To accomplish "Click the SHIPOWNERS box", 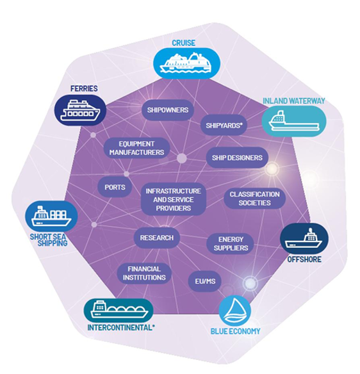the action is (x=167, y=110).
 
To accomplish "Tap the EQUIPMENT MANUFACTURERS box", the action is (x=136, y=148).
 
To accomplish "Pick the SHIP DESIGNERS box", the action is (x=237, y=158).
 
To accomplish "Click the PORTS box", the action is (x=115, y=187).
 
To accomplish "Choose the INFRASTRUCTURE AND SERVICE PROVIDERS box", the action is (x=174, y=199).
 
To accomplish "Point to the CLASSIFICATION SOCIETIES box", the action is (x=254, y=199).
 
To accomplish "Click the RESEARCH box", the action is (x=157, y=238).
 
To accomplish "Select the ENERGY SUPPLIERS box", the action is (x=231, y=243).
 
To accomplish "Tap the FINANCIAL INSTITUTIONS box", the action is (x=144, y=273).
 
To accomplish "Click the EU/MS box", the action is (x=205, y=281).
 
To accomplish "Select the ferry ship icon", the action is (x=81, y=110).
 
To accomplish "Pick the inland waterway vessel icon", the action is (x=294, y=121).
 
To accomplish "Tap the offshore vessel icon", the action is (x=304, y=238).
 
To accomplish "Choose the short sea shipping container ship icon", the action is (x=51, y=216).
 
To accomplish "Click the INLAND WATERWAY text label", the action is (x=294, y=101).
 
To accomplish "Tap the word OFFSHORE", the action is (x=304, y=259).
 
